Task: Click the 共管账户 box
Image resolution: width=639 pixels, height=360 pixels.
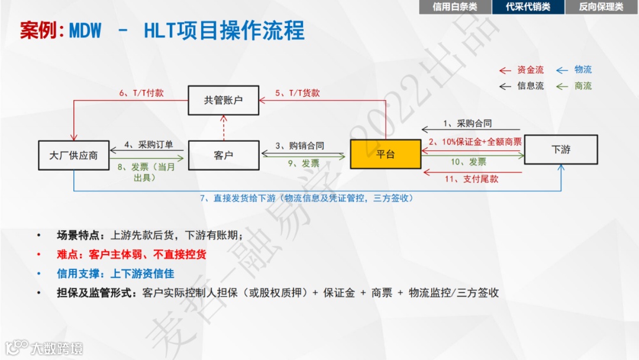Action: [224, 100]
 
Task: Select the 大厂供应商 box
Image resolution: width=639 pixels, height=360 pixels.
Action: [73, 155]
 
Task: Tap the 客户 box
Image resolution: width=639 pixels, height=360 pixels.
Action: [224, 155]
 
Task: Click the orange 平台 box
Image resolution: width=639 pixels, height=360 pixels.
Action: [385, 154]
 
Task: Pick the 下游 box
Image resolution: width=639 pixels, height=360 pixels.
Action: [560, 149]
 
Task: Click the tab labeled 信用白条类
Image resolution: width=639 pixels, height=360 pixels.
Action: [454, 7]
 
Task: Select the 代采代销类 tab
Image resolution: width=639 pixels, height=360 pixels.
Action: [528, 7]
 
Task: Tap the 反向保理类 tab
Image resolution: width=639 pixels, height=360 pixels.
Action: [601, 7]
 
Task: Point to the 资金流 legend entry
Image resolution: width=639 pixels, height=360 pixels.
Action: [530, 70]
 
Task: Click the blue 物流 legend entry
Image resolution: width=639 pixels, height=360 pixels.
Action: [583, 70]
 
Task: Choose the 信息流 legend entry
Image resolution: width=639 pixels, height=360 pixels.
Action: [530, 86]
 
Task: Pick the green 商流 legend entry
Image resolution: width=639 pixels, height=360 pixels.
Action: [583, 86]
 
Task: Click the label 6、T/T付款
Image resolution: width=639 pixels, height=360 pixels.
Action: [141, 93]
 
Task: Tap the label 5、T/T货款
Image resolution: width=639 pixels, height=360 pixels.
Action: [298, 93]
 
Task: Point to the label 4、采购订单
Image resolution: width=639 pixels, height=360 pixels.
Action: [149, 145]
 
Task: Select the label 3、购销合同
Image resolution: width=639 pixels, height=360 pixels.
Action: [301, 146]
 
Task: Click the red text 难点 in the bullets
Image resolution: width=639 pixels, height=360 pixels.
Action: [67, 255]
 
